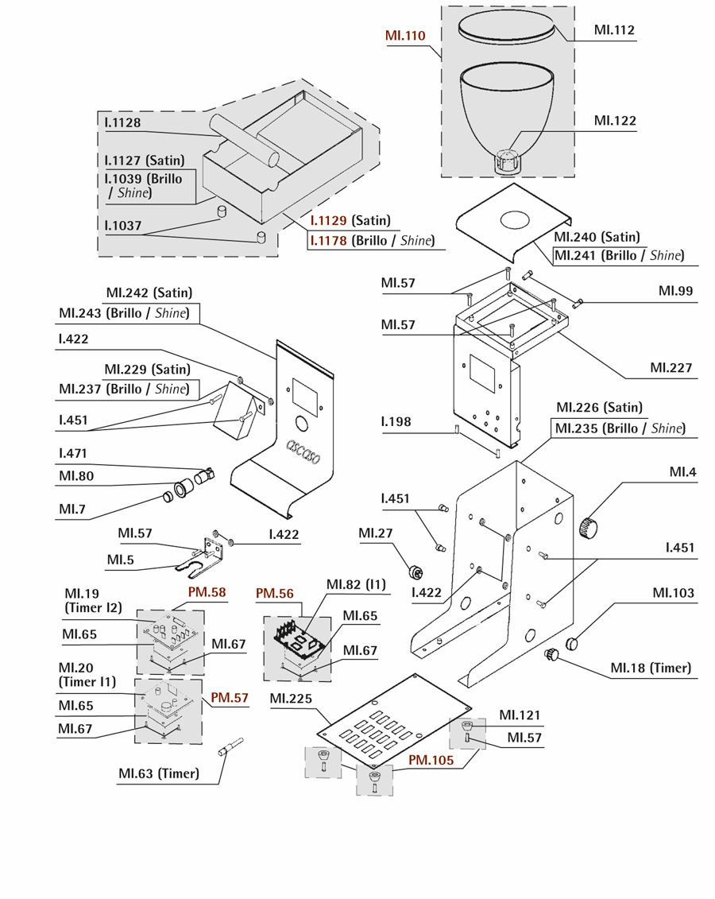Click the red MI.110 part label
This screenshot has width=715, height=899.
405,36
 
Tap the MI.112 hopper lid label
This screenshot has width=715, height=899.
614,30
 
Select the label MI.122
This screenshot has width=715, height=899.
615,121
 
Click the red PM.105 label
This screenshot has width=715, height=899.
431,760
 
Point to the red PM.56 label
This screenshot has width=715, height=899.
275,593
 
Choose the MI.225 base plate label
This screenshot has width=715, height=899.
292,699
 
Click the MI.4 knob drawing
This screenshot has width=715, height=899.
589,526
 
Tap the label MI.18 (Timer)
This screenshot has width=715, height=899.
651,668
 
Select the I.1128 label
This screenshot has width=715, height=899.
122,122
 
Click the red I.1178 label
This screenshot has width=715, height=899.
328,241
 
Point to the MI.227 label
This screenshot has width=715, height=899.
671,367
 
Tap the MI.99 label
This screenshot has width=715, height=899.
675,291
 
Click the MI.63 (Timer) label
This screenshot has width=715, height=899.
159,773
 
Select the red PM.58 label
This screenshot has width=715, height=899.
207,592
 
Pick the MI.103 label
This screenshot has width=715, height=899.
673,593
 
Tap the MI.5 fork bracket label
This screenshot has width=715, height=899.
121,560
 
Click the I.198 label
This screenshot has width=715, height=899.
396,421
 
